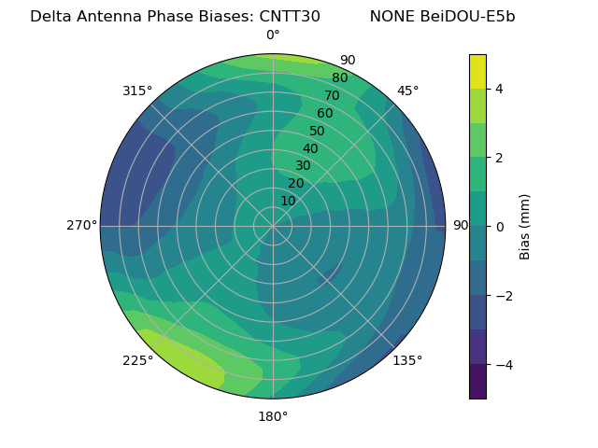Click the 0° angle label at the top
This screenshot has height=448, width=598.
coord(273,35)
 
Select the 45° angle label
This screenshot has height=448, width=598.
coord(407,91)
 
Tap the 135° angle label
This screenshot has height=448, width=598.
coord(407,360)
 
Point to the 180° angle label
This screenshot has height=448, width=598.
coord(273,416)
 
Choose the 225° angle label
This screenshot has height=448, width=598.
coord(137,360)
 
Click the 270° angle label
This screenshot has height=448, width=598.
coord(81,226)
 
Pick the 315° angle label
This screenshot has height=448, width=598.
coord(137,91)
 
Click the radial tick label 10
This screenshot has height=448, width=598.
coord(288,201)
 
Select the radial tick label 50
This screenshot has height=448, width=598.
coord(318,131)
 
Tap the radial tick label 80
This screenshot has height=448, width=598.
coord(340,78)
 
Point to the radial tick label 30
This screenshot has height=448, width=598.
coord(303,166)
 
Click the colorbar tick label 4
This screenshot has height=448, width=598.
coord(500,89)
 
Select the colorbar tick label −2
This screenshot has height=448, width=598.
coord(503,296)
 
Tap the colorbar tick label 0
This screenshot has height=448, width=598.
coord(500,227)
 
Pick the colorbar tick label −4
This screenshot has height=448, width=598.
coord(503,365)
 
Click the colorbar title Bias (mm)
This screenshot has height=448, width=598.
coord(525,226)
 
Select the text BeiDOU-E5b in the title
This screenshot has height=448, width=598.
coord(470,16)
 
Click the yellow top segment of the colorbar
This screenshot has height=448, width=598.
coord(477,71)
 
